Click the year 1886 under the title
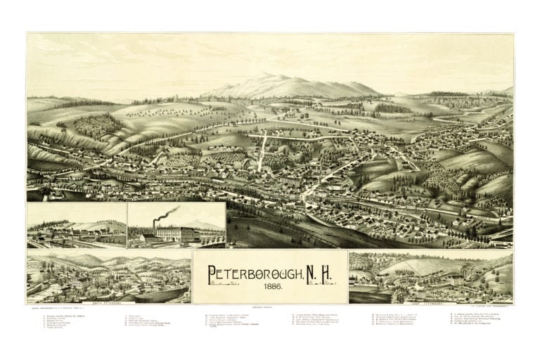271,288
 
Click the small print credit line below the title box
270,309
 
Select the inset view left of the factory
76,226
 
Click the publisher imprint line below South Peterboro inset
60,308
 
